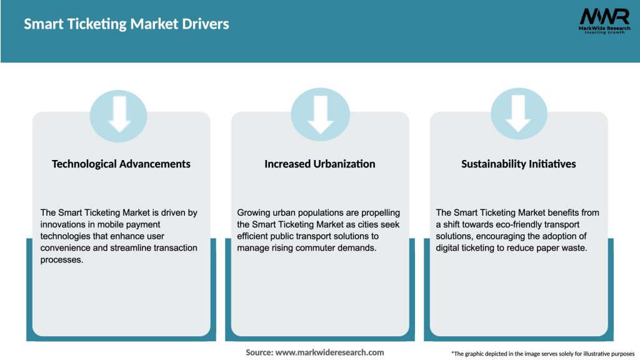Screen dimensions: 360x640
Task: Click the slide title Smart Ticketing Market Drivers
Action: coord(126,24)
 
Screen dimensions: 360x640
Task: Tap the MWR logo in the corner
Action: coord(604,21)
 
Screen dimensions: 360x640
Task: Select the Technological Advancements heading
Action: coord(121,164)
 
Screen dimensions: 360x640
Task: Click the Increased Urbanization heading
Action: coord(320,164)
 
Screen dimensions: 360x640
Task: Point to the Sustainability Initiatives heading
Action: coord(519,164)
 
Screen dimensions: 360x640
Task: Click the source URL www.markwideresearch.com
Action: coord(329,352)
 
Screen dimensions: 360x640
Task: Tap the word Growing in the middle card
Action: coord(255,213)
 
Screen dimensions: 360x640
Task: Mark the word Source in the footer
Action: coord(259,352)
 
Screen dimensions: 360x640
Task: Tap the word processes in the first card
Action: coord(61,259)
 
